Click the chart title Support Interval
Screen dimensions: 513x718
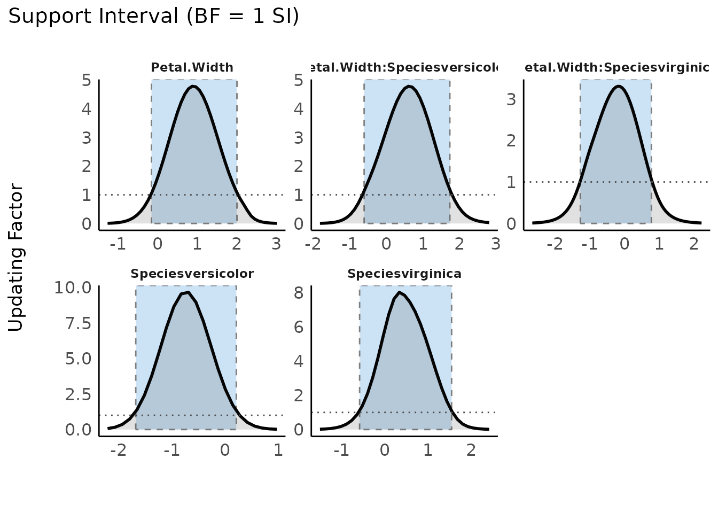pos(153,17)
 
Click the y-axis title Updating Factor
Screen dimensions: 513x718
pos(17,258)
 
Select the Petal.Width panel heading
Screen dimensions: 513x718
pos(192,68)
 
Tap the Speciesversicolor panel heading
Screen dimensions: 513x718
pos(192,274)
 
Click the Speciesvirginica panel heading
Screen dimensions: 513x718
pos(404,274)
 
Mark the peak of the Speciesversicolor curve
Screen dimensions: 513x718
pos(188,292)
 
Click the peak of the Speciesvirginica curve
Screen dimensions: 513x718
pos(399,292)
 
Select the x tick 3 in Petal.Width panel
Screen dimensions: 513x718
pos(276,244)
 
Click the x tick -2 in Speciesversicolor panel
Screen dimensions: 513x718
pos(119,450)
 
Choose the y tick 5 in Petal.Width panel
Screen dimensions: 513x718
pos(87,81)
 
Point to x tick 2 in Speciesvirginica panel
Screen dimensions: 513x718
pos(471,450)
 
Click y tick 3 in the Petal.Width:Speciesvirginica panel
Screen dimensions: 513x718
pos(511,99)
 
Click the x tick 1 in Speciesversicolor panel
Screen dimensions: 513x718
pos(278,450)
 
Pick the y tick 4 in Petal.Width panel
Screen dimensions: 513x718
pos(87,110)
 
